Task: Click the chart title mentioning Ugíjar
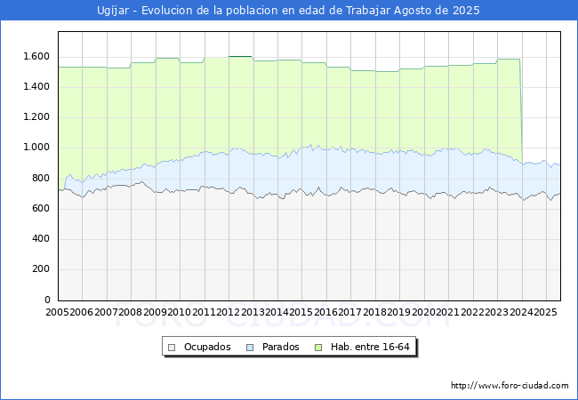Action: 288,11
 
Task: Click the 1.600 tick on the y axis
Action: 36,56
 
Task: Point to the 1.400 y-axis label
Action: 36,86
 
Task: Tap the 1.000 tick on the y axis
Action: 36,148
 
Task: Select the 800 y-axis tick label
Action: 41,178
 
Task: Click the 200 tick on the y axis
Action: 41,269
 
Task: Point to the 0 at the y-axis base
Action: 48,300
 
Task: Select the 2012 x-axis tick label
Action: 229,312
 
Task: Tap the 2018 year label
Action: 374,312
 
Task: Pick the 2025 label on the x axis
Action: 544,312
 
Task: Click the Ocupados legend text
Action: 207,347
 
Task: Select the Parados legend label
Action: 279,347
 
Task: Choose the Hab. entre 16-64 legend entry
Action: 371,347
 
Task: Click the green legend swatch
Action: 322,347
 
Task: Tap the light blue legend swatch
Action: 250,347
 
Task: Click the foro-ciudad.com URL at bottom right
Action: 510,386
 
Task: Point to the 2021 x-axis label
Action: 447,312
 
